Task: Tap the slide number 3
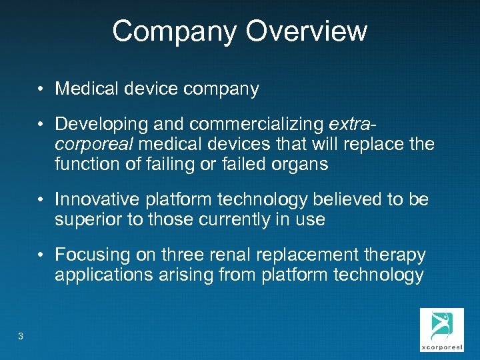[x=21, y=336]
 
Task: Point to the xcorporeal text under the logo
[x=441, y=347]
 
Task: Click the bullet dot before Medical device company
[x=41, y=89]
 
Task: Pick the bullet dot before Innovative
[x=41, y=199]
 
